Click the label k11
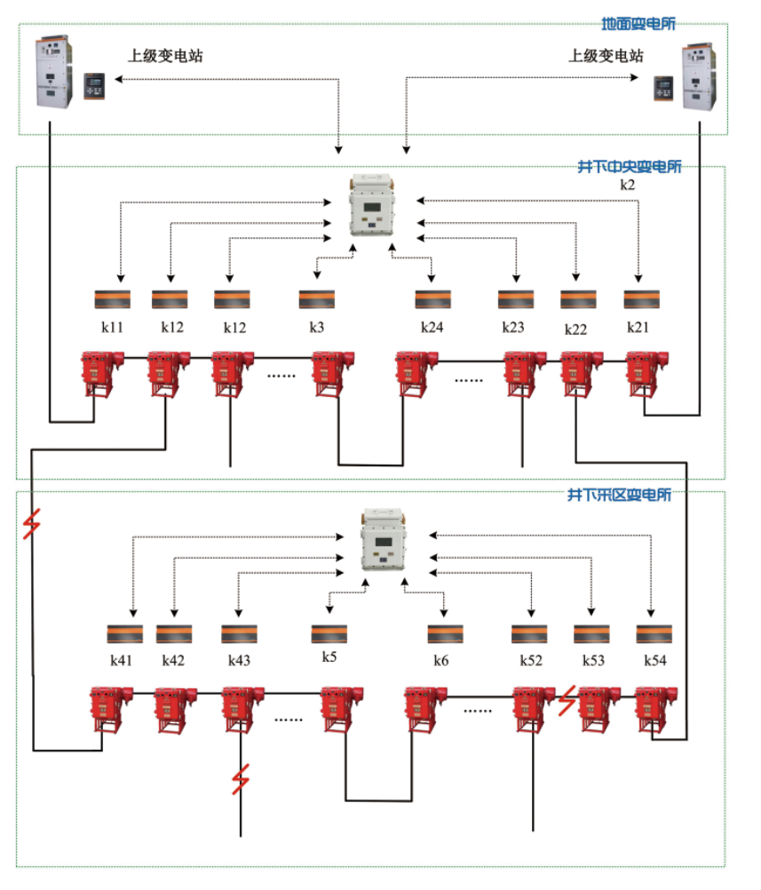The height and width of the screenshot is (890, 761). point(112,327)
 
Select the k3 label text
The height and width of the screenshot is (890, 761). point(317,327)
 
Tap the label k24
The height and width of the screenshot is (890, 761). point(432,327)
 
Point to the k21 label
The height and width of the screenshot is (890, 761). point(638,327)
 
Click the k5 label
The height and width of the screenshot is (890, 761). point(329,658)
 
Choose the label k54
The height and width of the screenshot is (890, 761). point(655,661)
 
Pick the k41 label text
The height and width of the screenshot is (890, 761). point(122,661)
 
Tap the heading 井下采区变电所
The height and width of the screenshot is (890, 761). point(619,494)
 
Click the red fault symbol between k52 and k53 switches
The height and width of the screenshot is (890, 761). point(567,702)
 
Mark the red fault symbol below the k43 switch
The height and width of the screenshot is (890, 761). point(239,779)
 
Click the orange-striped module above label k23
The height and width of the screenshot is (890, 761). point(515,300)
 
